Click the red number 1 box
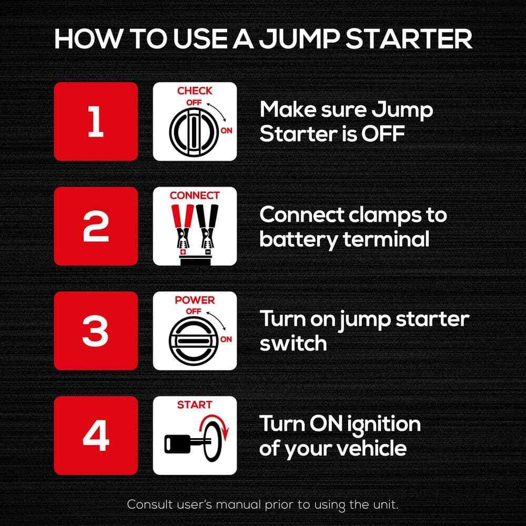point(96,122)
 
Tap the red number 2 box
point(96,226)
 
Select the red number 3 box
point(96,331)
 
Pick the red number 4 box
point(96,436)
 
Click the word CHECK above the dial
point(195,91)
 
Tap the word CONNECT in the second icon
point(195,196)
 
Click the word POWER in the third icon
point(195,300)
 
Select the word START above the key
point(195,405)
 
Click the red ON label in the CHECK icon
point(227,130)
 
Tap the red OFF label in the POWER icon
point(194,311)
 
